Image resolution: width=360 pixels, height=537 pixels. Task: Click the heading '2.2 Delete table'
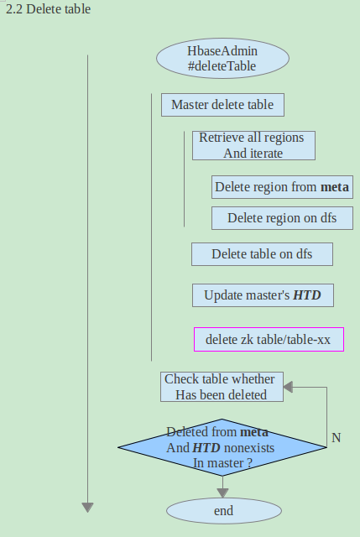click(48, 10)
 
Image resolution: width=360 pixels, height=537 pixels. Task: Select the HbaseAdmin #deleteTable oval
click(222, 58)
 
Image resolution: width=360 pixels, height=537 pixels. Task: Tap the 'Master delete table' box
click(222, 105)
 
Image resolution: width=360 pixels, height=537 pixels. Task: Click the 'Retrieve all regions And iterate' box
click(253, 145)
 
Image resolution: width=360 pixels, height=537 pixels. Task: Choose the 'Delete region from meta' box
click(282, 187)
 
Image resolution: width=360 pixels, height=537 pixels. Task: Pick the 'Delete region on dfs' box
click(282, 218)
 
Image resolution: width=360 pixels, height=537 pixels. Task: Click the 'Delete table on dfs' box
click(262, 253)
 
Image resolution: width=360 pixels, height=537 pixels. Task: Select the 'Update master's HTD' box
click(262, 295)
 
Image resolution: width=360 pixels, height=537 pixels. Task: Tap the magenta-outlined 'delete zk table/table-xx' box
click(269, 340)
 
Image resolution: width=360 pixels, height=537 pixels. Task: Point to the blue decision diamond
click(222, 447)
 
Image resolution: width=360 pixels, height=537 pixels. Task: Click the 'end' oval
click(223, 511)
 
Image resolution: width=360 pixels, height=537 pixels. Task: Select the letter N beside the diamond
click(336, 438)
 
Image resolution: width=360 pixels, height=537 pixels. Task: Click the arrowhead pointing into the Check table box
click(288, 387)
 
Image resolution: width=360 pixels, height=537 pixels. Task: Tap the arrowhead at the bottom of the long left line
click(87, 506)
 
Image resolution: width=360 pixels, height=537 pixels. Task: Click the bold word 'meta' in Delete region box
click(335, 187)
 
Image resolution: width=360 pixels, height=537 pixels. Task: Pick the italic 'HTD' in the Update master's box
click(306, 295)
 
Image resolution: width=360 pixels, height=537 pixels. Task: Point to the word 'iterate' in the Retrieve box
click(264, 153)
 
